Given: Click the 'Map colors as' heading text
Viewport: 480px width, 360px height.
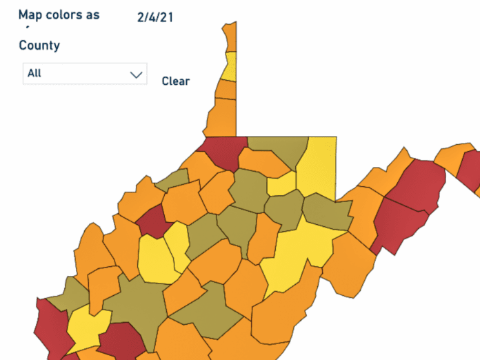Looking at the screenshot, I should pyautogui.click(x=59, y=15).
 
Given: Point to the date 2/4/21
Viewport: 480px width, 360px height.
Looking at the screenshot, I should pyautogui.click(x=154, y=17).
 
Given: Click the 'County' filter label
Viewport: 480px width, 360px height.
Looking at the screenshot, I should pyautogui.click(x=39, y=46).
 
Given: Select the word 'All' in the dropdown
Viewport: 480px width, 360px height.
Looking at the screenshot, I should pyautogui.click(x=34, y=73).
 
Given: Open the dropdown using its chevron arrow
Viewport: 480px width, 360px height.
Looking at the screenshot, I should pyautogui.click(x=136, y=74).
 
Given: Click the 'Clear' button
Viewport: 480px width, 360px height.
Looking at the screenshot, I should pyautogui.click(x=176, y=81).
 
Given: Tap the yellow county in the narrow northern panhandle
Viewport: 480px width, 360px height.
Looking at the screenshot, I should pyautogui.click(x=230, y=66).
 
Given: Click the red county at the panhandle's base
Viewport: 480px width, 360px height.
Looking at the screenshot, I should pyautogui.click(x=221, y=152).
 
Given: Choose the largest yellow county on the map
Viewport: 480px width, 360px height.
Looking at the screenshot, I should pyautogui.click(x=297, y=255).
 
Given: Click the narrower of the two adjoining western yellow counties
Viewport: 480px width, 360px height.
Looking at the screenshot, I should pyautogui.click(x=178, y=245).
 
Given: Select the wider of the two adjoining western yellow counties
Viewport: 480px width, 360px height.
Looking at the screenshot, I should pyautogui.click(x=157, y=259).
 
